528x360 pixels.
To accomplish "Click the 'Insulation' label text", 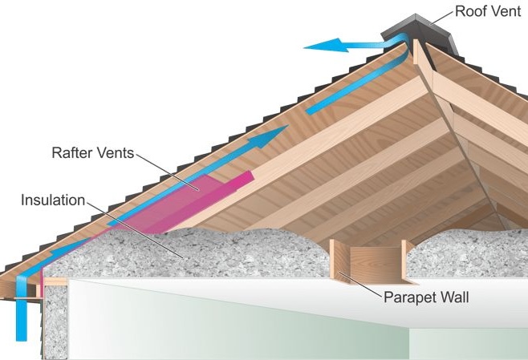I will coord(52,199).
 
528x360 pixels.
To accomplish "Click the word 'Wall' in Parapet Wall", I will coord(452,297).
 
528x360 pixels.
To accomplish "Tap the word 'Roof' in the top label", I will coord(469,11).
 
